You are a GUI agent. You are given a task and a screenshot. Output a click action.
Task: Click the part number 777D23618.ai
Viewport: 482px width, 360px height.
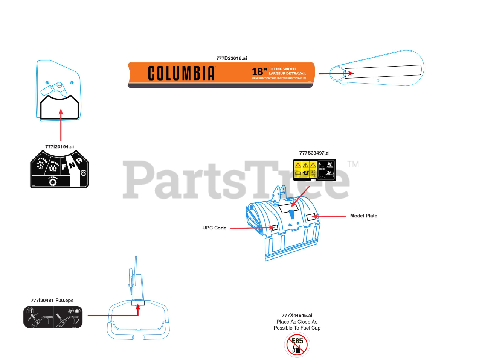tap(231, 58)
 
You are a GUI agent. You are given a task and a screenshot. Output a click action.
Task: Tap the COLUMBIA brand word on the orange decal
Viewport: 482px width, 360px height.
tap(181, 73)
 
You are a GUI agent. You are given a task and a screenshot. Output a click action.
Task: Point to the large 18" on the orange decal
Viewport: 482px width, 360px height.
tap(259, 71)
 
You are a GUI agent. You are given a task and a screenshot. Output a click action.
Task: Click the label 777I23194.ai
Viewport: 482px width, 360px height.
tap(59, 147)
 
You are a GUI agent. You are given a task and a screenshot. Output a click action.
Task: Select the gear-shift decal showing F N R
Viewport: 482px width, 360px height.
tap(59, 169)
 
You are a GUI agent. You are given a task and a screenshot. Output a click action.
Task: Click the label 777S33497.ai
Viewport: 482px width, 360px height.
tap(314, 153)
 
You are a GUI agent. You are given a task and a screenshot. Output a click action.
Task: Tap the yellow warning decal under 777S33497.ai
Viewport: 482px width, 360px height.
tap(314, 170)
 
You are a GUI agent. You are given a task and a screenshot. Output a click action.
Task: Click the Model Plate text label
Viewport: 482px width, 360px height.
tap(363, 216)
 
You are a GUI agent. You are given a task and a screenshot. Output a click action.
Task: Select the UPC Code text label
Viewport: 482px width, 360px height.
tap(214, 228)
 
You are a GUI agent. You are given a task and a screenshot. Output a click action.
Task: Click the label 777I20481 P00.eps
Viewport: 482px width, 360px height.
tap(52, 301)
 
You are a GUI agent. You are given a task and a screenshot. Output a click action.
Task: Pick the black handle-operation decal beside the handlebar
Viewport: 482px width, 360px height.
tap(53, 317)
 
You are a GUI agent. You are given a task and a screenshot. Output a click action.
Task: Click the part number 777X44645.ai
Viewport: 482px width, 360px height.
tap(297, 316)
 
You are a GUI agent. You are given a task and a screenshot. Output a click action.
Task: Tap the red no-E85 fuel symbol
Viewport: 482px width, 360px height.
tap(297, 345)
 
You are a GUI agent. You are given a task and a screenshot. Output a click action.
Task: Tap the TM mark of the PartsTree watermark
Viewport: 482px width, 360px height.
tap(353, 164)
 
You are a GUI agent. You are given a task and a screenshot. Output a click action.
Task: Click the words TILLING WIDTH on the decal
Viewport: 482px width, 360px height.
tap(282, 69)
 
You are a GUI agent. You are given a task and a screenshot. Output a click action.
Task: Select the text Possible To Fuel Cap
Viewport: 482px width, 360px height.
tap(297, 328)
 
